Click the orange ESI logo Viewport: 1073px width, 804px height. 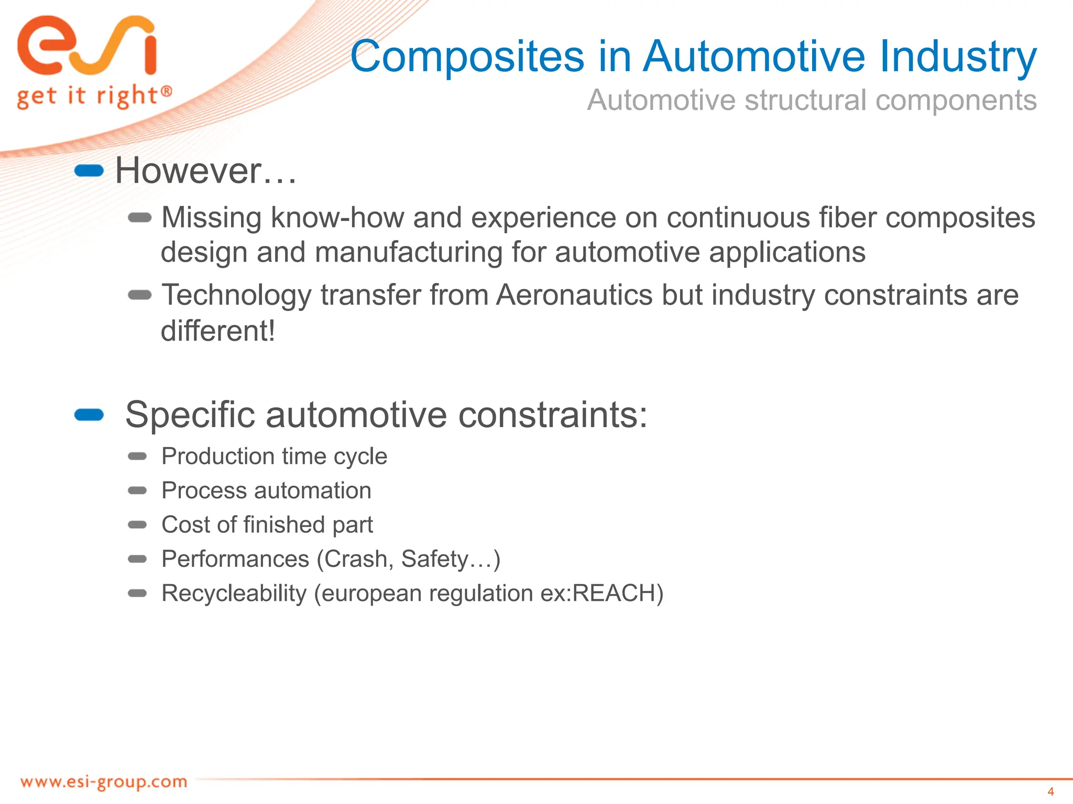86,46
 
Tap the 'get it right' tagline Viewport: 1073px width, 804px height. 93,96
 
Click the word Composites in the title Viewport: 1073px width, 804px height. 467,57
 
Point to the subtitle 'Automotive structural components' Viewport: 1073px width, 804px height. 812,100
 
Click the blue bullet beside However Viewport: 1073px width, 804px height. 89,171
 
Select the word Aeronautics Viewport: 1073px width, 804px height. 574,295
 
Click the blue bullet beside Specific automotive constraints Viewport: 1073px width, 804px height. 89,415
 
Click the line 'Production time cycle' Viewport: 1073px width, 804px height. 274,456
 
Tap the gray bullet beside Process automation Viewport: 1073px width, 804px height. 138,490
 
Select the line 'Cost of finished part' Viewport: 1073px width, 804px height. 267,524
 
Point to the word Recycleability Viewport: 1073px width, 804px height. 234,594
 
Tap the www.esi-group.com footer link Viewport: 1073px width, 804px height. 104,782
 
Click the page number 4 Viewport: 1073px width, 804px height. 1050,791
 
